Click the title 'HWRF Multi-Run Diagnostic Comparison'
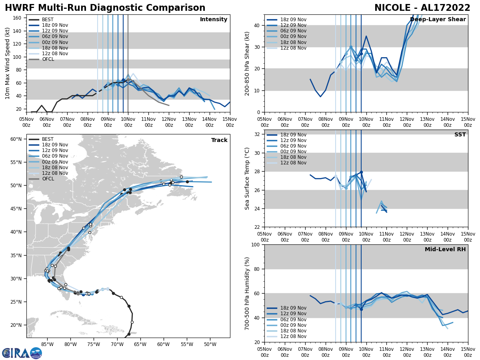(x=105, y=8)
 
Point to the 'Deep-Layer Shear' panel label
(x=438, y=20)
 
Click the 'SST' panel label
(x=460, y=135)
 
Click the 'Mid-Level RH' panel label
(x=445, y=250)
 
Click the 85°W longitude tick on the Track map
(x=47, y=344)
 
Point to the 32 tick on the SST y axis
(x=258, y=134)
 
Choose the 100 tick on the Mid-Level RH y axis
(x=256, y=244)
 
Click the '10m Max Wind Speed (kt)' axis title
(x=7, y=63)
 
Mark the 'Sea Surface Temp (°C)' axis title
(x=247, y=178)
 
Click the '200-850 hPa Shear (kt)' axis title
(x=247, y=63)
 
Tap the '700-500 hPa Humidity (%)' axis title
(x=247, y=293)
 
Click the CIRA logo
(x=22, y=353)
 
